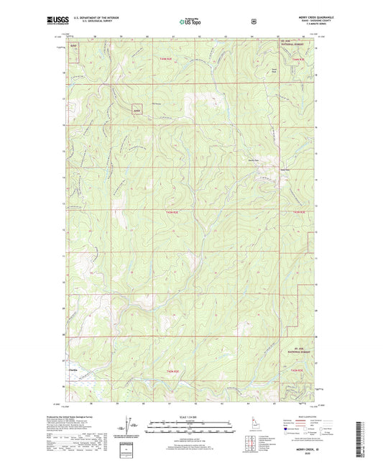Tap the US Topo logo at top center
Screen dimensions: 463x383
190,22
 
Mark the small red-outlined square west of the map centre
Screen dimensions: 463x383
136,111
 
